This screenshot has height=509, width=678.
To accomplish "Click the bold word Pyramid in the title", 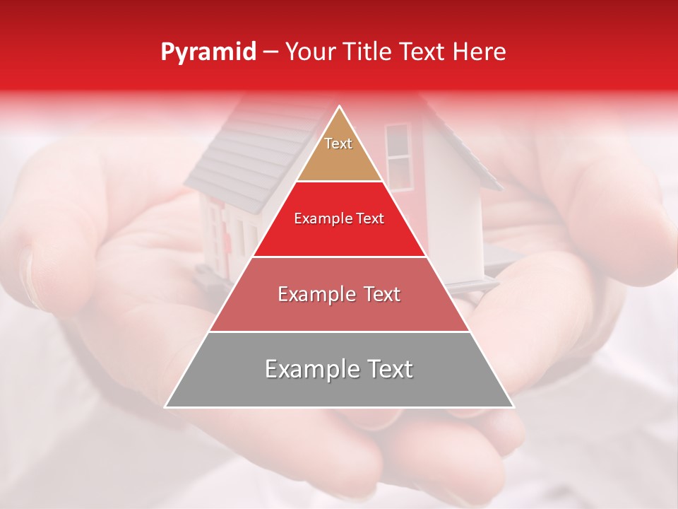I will point(208,52).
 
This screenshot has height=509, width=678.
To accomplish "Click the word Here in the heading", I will point(480,52).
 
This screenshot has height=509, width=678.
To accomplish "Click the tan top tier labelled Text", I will point(338,152).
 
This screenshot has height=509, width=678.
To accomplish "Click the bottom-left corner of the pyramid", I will point(167,406).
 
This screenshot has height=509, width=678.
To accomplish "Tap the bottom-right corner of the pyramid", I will point(513,406).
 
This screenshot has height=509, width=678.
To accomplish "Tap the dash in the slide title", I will point(270,52).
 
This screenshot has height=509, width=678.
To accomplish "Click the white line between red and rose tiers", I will point(339,257).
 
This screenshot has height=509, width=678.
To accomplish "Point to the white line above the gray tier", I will point(339,332).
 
